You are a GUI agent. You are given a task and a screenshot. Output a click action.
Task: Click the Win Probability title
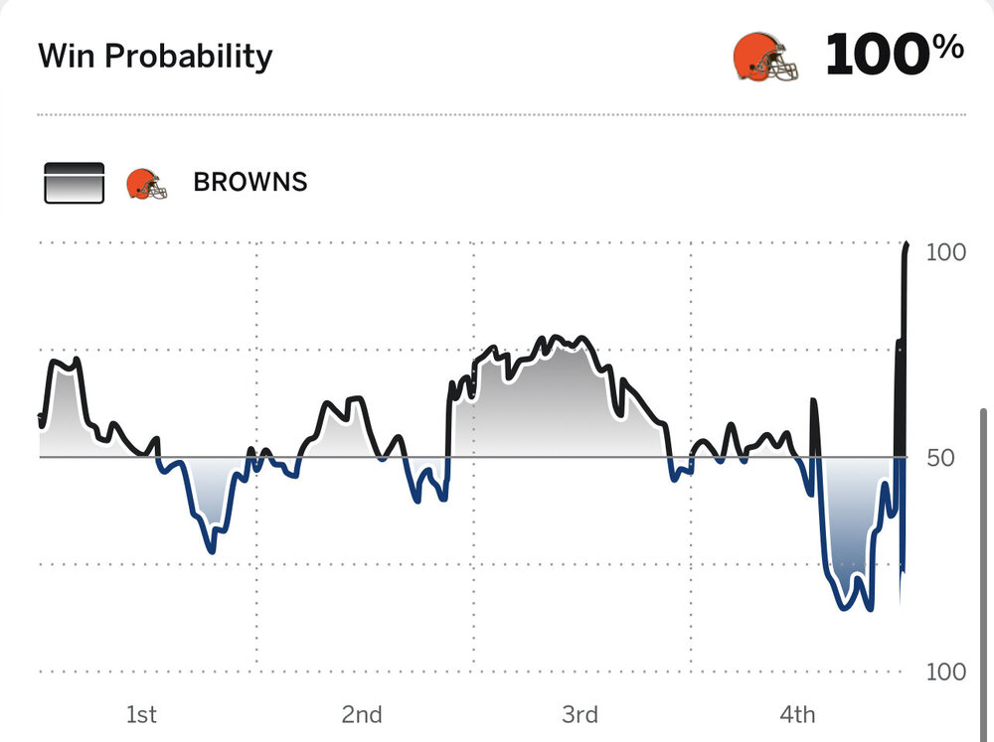click(155, 56)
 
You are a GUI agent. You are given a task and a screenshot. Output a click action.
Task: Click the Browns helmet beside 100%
click(764, 57)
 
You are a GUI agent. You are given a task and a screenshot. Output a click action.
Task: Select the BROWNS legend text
click(250, 183)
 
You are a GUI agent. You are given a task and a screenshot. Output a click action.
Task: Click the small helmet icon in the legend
click(145, 184)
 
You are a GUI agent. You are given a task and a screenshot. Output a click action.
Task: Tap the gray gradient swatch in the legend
click(75, 183)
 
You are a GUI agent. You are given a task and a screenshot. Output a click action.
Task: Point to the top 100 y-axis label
click(945, 252)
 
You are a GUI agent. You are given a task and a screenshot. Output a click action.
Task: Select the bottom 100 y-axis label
click(945, 671)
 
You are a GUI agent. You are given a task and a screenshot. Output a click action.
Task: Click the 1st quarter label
click(141, 714)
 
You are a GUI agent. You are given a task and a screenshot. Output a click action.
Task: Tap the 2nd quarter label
click(362, 714)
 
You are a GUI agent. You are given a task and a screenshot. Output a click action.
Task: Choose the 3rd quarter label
click(580, 714)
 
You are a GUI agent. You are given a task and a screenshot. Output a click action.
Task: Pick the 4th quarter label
click(797, 714)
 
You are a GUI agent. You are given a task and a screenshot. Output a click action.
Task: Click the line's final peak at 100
click(907, 244)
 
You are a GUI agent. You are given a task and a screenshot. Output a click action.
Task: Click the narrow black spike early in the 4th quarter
click(814, 400)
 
